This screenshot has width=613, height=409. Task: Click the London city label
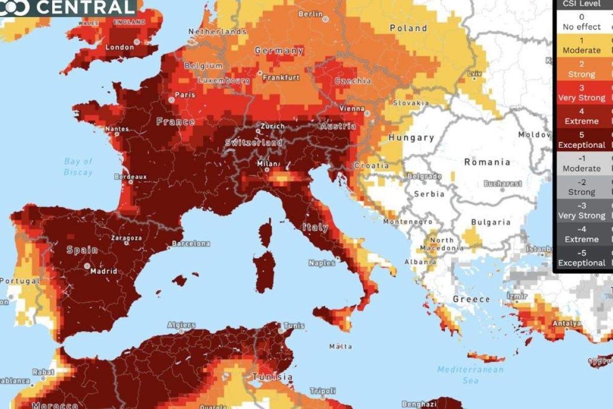120,48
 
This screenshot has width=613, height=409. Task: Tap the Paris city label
185,95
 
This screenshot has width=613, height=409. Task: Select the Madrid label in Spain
104,271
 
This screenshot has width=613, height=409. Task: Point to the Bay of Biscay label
78,167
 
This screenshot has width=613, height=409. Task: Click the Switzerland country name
254,143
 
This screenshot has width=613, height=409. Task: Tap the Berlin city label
310,14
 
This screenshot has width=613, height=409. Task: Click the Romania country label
487,162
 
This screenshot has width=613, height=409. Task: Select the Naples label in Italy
322,263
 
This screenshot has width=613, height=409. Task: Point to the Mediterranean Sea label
470,375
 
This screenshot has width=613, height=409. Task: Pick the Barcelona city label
191,243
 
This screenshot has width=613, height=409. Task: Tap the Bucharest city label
503,183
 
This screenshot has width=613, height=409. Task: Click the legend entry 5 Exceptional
581,140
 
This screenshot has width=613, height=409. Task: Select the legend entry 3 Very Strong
581,93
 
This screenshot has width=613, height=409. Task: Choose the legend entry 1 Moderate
581,45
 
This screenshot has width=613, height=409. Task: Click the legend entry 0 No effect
581,21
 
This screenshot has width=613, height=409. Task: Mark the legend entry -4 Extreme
581,234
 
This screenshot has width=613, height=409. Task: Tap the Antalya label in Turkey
565,324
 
